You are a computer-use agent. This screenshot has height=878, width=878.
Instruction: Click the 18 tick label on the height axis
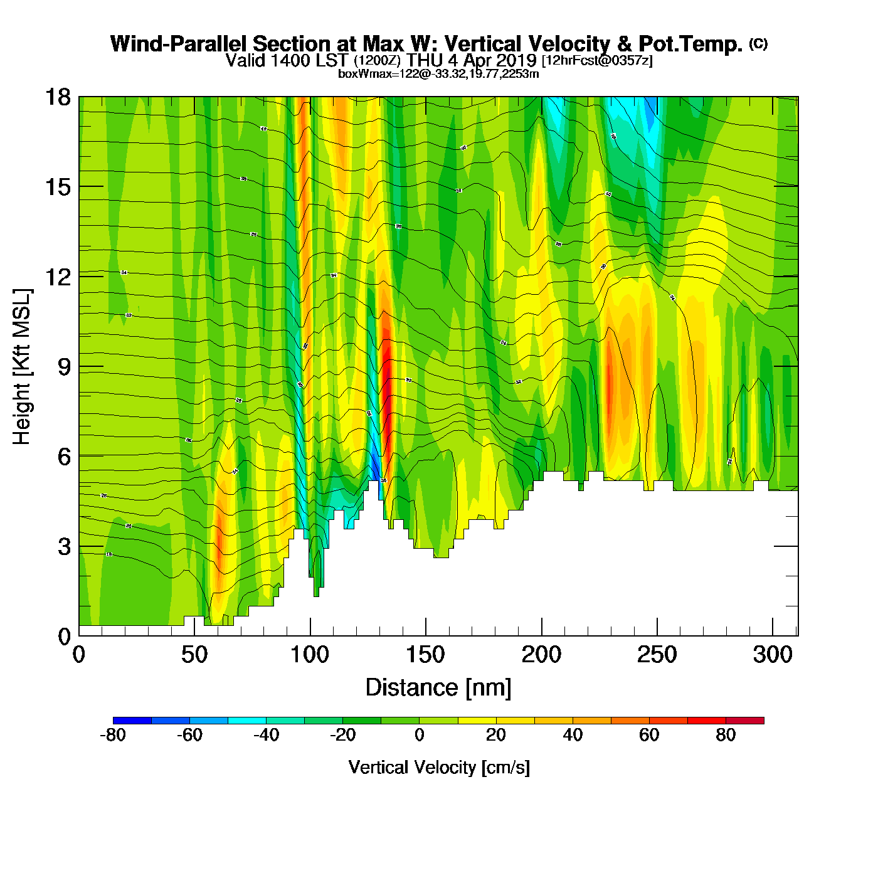(57, 97)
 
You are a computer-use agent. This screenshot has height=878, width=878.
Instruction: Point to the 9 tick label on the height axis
(64, 367)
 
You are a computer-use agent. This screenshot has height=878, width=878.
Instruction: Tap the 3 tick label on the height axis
(64, 547)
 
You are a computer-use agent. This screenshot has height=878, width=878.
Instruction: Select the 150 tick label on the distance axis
(425, 655)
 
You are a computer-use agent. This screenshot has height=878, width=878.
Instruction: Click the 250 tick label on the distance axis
(657, 655)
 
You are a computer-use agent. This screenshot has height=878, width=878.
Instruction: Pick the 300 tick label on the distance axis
(773, 655)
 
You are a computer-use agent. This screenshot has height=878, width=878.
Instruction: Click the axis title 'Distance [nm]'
(438, 688)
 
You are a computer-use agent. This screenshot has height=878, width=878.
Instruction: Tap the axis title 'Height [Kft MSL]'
(22, 367)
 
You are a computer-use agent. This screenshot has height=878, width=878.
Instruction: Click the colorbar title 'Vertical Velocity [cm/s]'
(439, 768)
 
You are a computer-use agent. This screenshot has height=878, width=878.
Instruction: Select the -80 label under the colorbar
(113, 735)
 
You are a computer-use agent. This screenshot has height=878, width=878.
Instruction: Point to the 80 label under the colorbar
(726, 735)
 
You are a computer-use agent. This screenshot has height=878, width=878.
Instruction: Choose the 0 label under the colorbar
(420, 735)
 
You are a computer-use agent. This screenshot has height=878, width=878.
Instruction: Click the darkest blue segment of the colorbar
(132, 721)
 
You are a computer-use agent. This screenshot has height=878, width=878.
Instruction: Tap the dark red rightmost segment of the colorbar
(745, 721)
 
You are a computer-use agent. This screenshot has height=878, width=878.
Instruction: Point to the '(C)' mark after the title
(758, 43)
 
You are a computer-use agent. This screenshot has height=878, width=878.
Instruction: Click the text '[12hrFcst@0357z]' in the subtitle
(597, 61)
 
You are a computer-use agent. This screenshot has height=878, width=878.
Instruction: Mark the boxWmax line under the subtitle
(438, 74)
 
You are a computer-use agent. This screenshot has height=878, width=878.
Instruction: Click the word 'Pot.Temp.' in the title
(690, 44)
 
